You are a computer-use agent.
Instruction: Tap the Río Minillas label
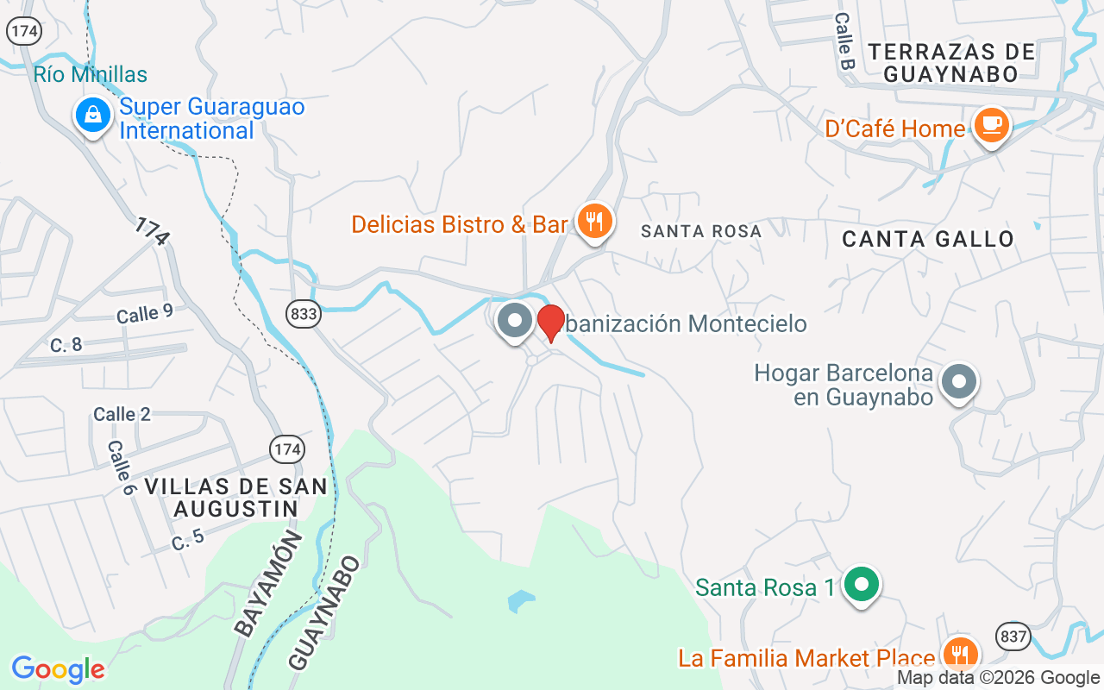(x=91, y=75)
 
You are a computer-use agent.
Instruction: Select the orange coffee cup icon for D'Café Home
(x=991, y=126)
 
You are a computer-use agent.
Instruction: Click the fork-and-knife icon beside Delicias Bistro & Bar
(x=594, y=222)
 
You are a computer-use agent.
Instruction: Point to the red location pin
(x=551, y=323)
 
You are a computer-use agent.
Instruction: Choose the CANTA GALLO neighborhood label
(x=928, y=239)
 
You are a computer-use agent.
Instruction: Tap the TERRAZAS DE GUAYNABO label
(x=951, y=63)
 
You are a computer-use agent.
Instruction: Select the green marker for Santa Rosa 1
(x=861, y=586)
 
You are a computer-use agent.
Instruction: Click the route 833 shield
(x=304, y=314)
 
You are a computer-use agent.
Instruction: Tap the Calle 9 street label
(x=144, y=314)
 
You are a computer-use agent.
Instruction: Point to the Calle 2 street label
(x=122, y=415)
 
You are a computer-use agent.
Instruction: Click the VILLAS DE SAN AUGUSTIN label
(x=235, y=498)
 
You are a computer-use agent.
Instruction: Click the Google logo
(x=58, y=669)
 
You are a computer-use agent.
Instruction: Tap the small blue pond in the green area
(x=521, y=600)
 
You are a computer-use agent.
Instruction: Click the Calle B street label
(x=844, y=41)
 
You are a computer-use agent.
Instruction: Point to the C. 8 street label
(x=66, y=346)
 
